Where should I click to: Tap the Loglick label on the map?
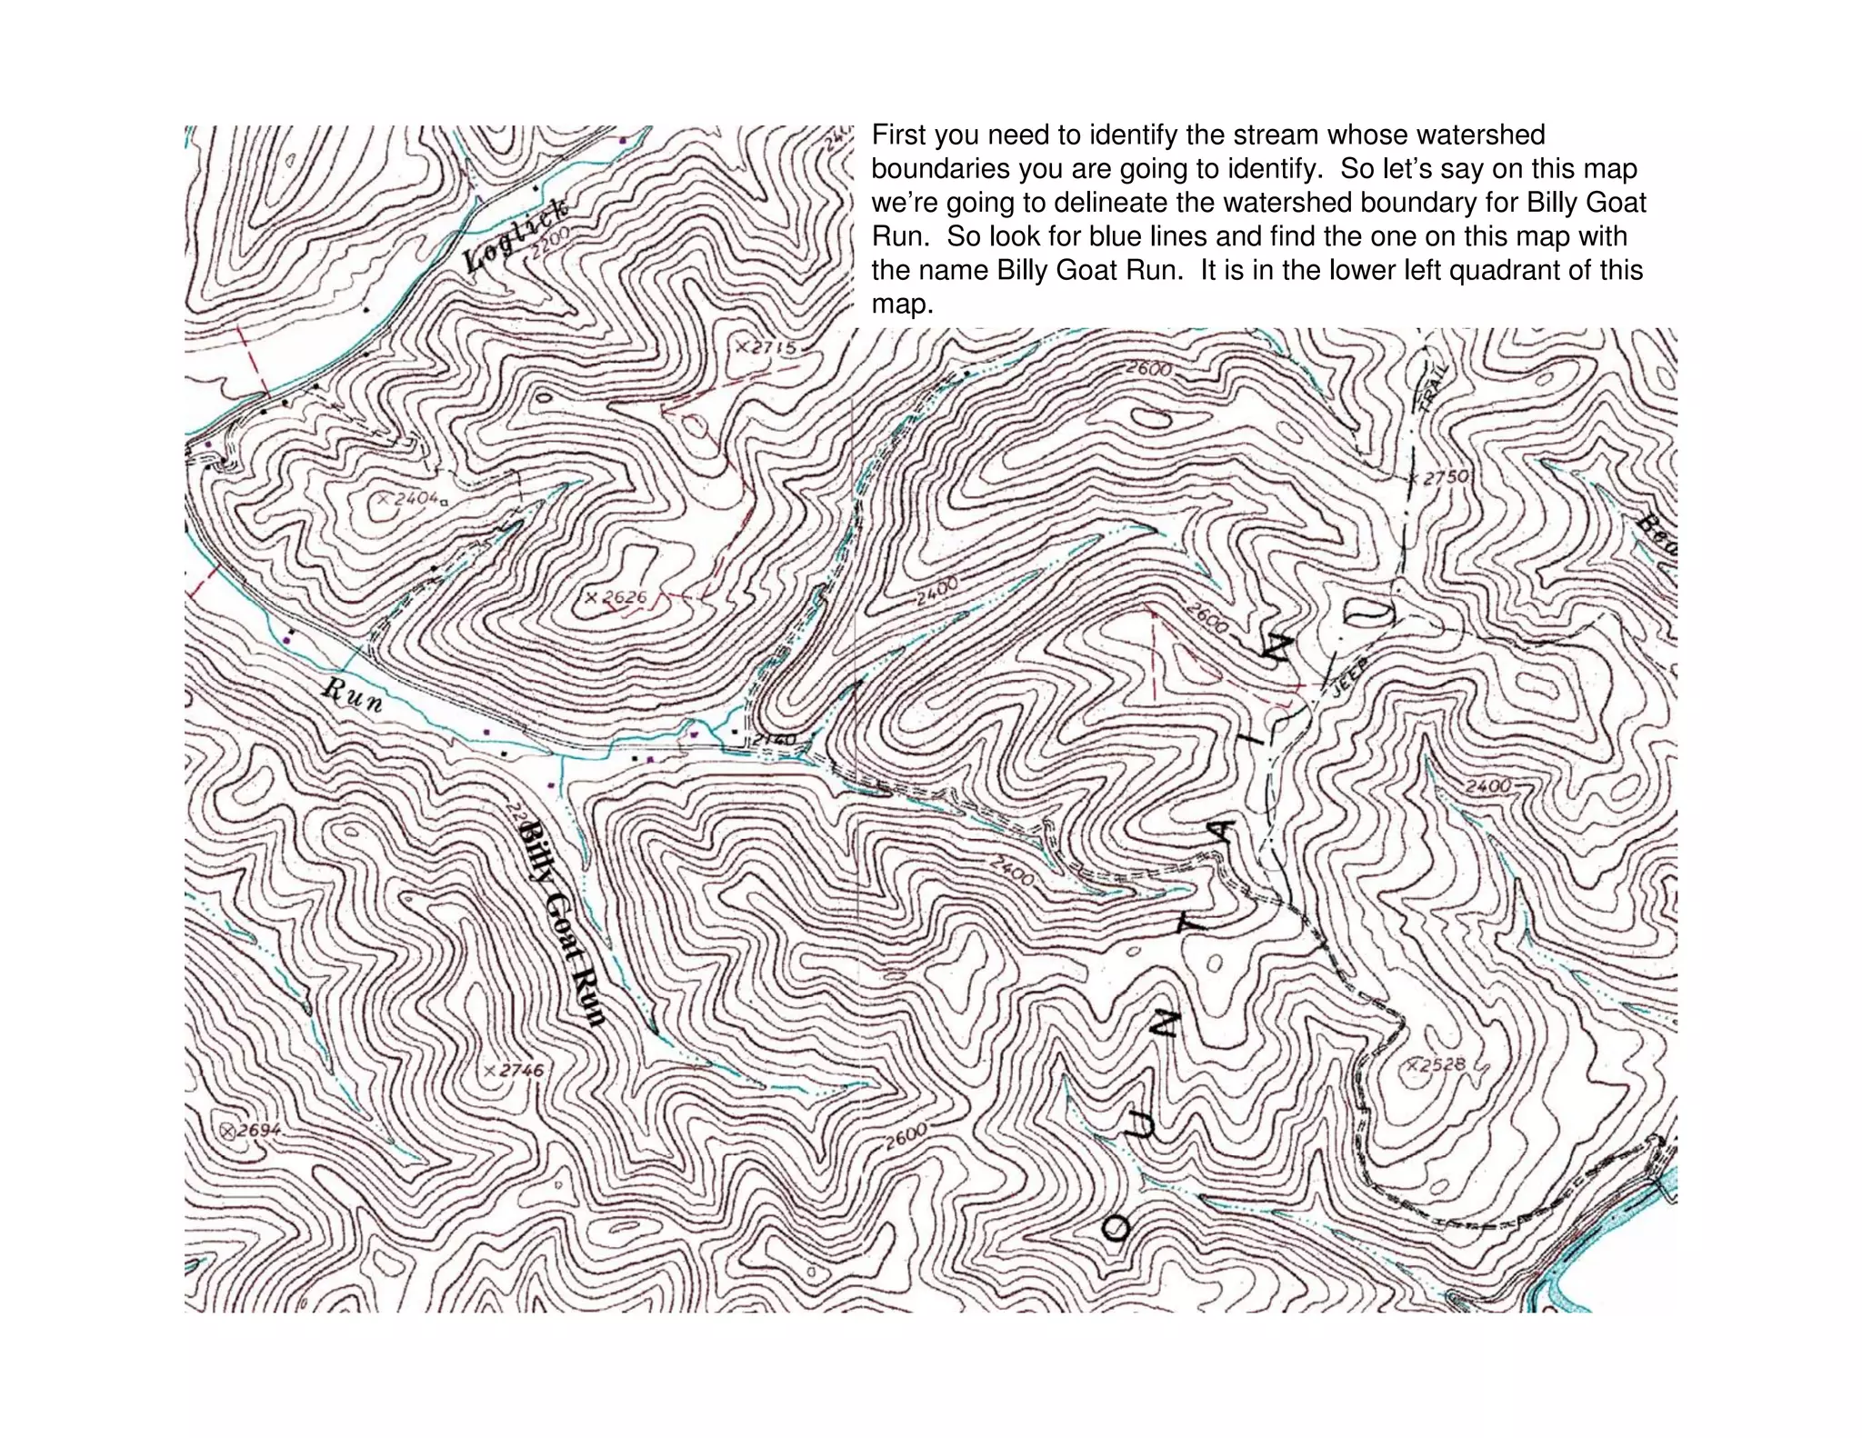[516, 233]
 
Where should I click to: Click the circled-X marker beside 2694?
[228, 1131]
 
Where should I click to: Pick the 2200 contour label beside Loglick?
[551, 244]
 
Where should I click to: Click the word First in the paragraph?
[898, 135]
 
